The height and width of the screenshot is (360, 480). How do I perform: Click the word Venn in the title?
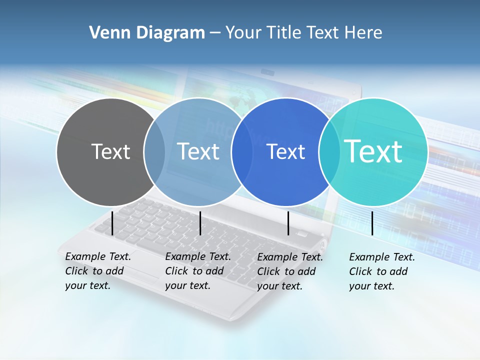(108, 33)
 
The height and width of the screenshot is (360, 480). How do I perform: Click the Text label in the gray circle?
(110, 151)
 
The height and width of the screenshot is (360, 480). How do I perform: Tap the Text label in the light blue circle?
(198, 151)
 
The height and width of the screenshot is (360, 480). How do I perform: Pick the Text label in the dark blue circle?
(286, 151)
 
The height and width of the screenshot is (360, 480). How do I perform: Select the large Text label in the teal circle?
(373, 151)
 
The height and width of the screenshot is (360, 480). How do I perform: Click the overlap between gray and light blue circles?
(154, 151)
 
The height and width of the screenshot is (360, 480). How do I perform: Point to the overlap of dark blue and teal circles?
(329, 151)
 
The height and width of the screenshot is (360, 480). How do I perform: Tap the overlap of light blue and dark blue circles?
(242, 151)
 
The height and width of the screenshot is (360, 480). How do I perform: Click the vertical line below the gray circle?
(112, 223)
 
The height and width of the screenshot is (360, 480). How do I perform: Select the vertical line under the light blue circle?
(200, 223)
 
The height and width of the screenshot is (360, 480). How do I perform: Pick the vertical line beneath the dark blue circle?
(288, 223)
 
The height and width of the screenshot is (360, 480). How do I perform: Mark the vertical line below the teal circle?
(372, 223)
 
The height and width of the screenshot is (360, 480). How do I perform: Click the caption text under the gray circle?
(97, 271)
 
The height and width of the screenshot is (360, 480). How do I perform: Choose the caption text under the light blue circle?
(197, 271)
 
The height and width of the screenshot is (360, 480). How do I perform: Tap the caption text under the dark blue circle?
(289, 271)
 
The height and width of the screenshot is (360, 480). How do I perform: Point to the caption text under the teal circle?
(381, 271)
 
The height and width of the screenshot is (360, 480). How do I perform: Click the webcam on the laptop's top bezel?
(268, 73)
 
